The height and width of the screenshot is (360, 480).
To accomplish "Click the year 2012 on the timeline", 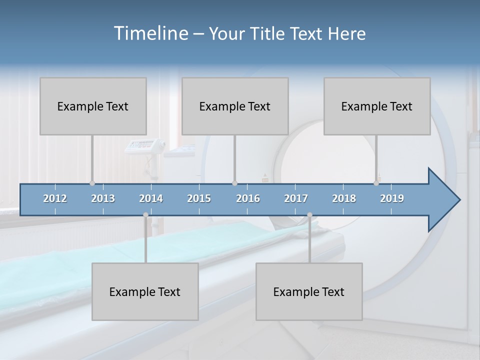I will pyautogui.click(x=55, y=198).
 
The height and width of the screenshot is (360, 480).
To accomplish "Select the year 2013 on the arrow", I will pyautogui.click(x=103, y=198).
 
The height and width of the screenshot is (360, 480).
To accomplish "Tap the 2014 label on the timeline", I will pyautogui.click(x=151, y=198).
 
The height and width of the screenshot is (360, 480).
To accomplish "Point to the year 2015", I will pyautogui.click(x=199, y=198).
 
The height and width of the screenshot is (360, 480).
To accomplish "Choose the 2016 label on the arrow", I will pyautogui.click(x=248, y=198).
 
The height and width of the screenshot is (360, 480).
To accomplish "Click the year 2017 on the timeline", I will pyautogui.click(x=296, y=198).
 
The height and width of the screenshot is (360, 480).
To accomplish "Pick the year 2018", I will pyautogui.click(x=344, y=198).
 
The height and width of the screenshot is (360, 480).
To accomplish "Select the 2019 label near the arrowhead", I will pyautogui.click(x=392, y=198).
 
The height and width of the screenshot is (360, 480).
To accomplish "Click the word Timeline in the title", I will pyautogui.click(x=149, y=33).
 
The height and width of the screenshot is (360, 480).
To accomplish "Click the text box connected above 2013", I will pyautogui.click(x=93, y=106).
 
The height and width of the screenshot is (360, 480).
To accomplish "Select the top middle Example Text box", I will pyautogui.click(x=235, y=106).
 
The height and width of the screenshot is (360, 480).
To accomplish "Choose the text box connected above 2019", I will pyautogui.click(x=377, y=106).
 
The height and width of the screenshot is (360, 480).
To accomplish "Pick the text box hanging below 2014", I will pyautogui.click(x=145, y=291).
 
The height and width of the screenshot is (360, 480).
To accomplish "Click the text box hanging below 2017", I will pyautogui.click(x=309, y=291).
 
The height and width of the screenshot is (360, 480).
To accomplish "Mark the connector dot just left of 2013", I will pyautogui.click(x=92, y=183).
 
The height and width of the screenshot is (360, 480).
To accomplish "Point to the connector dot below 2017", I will pyautogui.click(x=309, y=215).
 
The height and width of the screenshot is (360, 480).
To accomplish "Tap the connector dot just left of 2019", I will pyautogui.click(x=376, y=183).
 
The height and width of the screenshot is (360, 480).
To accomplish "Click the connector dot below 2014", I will pyautogui.click(x=145, y=215).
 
